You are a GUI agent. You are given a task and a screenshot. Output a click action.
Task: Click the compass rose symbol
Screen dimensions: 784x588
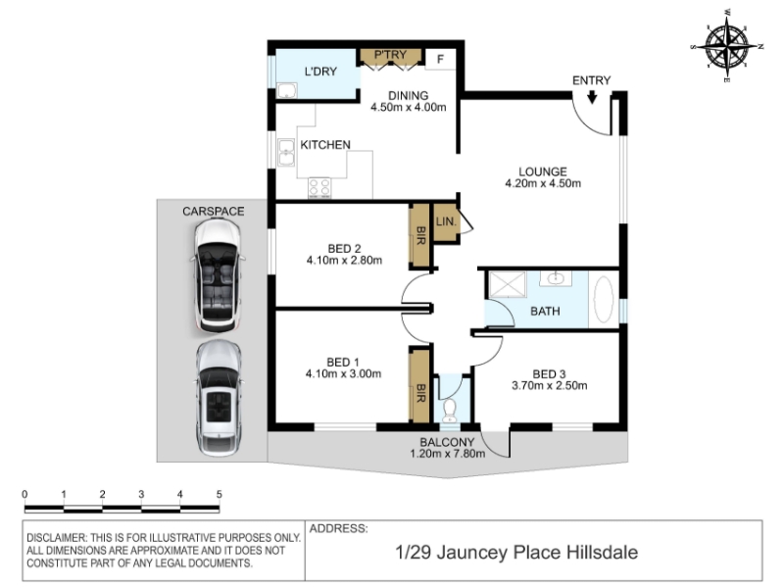click(x=727, y=46)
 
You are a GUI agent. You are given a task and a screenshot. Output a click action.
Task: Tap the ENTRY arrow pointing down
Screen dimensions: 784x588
click(x=592, y=96)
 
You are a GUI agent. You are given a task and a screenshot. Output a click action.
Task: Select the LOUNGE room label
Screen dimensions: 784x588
click(x=543, y=171)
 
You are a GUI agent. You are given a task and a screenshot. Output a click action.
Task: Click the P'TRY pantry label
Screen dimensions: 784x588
click(x=390, y=55)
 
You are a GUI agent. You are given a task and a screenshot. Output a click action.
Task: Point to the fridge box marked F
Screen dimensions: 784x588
click(x=440, y=59)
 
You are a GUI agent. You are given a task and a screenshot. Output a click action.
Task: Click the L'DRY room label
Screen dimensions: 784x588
click(x=320, y=72)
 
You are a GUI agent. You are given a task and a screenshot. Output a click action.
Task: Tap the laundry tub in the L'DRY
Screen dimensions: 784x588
click(x=287, y=90)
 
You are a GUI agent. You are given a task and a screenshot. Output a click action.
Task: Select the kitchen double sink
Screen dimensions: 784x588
click(x=286, y=152)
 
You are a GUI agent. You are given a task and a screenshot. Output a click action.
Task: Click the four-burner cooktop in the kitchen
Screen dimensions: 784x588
click(x=319, y=188)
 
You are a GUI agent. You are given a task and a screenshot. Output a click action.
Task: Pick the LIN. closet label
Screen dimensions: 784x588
click(x=446, y=221)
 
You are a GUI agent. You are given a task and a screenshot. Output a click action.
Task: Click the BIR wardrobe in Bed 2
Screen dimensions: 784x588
click(x=420, y=235)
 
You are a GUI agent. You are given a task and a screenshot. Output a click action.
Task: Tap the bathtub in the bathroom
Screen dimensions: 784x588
click(x=604, y=300)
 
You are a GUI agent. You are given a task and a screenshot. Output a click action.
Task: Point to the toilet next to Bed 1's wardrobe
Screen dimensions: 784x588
click(x=450, y=409)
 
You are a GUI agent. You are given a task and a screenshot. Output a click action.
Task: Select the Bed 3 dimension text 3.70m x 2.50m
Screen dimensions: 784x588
click(x=549, y=385)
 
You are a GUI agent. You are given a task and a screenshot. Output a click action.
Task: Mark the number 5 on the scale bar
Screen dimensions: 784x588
click(x=219, y=495)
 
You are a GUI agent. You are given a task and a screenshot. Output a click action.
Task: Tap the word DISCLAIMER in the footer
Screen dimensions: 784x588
click(x=56, y=538)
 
